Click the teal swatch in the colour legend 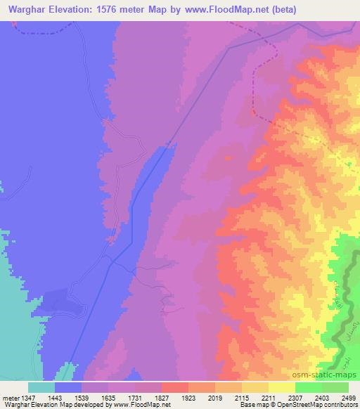pyautogui.click(x=41, y=387)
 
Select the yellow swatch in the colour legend pyautogui.click(x=255, y=387)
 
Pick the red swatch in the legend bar pyautogui.click(x=175, y=387)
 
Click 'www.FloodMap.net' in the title pyautogui.click(x=215, y=9)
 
